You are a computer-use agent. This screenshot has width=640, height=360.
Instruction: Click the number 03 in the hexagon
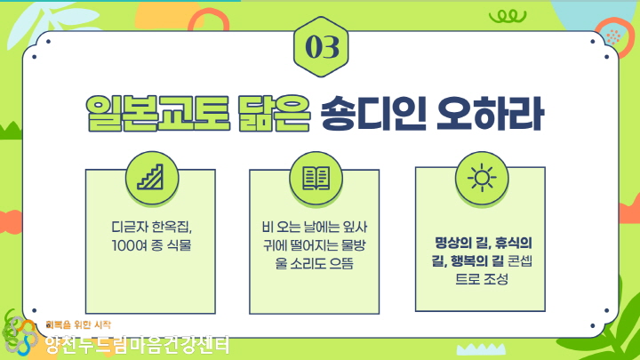[322, 46]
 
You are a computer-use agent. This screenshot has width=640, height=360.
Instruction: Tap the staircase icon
[150, 177]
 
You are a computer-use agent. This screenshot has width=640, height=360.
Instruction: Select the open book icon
[316, 178]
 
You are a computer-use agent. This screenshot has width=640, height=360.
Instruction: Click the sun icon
[482, 178]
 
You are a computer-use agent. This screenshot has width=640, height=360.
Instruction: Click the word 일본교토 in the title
[157, 114]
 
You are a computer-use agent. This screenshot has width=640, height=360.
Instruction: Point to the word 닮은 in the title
[274, 114]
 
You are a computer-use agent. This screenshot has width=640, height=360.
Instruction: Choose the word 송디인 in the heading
[373, 114]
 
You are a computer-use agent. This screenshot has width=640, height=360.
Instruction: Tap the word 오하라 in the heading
[490, 114]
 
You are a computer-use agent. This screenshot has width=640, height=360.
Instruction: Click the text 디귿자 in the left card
[129, 227]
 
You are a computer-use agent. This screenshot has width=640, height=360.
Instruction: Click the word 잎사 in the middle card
[355, 227]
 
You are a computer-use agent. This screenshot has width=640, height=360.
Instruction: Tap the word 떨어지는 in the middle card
[313, 245]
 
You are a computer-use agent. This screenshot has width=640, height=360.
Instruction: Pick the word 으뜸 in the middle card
[340, 263]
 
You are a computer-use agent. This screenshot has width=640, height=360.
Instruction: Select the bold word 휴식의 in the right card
[513, 244]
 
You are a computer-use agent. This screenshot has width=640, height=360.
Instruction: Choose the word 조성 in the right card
[496, 279]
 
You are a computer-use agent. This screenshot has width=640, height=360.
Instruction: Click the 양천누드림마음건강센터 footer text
[137, 345]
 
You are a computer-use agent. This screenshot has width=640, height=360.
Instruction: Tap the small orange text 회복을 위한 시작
[78, 325]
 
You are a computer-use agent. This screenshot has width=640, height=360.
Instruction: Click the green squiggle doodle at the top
[508, 16]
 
